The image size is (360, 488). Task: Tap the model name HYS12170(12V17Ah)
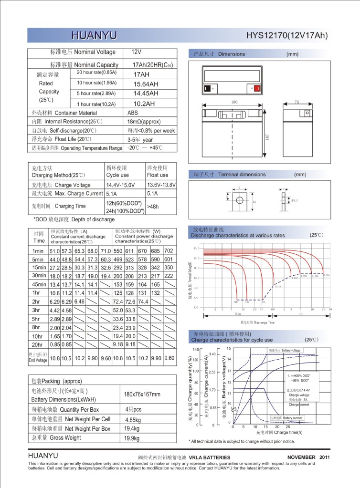click(287, 36)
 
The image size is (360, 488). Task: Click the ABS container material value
click(133, 113)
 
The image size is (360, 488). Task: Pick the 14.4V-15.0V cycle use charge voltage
click(121, 185)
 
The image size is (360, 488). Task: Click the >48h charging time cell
click(154, 207)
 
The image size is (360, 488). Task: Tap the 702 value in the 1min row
click(169, 251)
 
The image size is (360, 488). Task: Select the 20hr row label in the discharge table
click(38, 344)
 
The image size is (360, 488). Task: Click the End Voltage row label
click(38, 358)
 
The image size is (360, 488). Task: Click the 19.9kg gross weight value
click(131, 438)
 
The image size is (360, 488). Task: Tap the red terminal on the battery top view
click(257, 88)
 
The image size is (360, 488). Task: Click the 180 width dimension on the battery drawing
click(234, 103)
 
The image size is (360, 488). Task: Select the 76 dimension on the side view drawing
click(296, 103)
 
